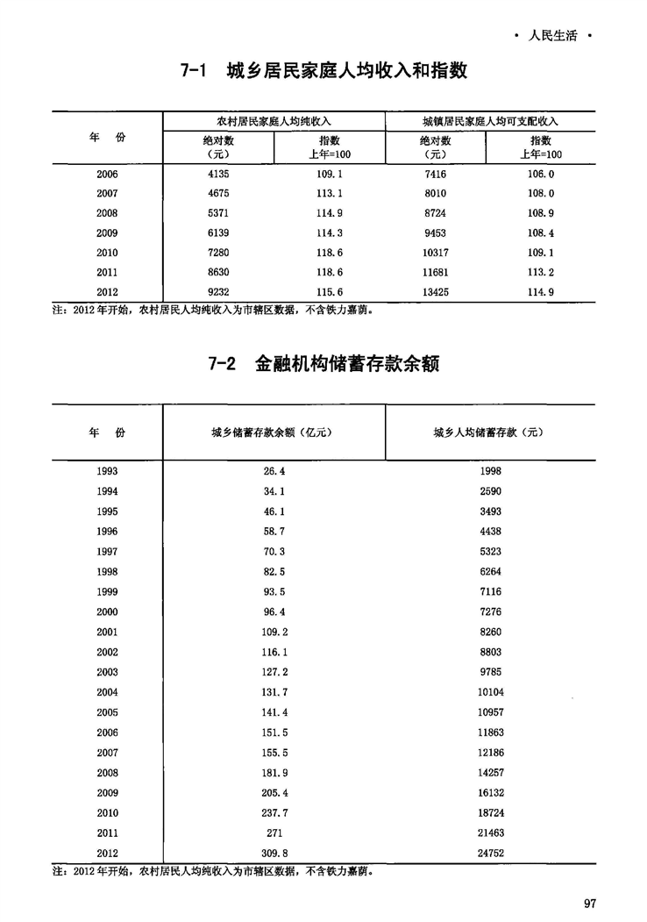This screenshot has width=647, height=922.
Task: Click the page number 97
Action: pos(589,904)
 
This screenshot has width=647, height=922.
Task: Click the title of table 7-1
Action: pos(323,71)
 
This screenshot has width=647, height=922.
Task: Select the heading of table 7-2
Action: pos(323,363)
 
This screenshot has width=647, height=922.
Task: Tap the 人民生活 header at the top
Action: pos(554,37)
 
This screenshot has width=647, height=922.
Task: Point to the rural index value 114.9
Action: pos(329,213)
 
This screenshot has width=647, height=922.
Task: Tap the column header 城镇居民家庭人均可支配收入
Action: pos(490,120)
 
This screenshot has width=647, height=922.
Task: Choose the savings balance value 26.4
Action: pos(274,471)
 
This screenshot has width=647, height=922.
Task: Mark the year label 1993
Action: pos(108,471)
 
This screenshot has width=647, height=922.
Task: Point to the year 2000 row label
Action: pos(108,611)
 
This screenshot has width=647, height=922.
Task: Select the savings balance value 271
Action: pos(274,833)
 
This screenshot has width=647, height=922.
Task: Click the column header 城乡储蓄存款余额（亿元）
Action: pos(274,432)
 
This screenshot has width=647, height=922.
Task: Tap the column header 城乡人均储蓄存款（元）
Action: pos(490,432)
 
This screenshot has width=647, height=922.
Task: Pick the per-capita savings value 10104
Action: pos(490,692)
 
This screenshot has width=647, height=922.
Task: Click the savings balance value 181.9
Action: pos(274,773)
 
